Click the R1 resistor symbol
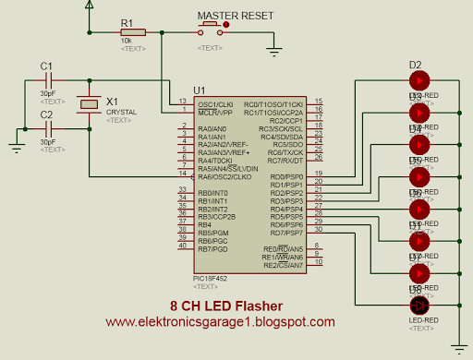(131, 32)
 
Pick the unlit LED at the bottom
(418, 305)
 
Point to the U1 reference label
(199, 90)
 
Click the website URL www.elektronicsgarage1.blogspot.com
(220, 322)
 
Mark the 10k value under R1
(126, 41)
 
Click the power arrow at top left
(89, 6)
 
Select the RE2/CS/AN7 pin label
(284, 264)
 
